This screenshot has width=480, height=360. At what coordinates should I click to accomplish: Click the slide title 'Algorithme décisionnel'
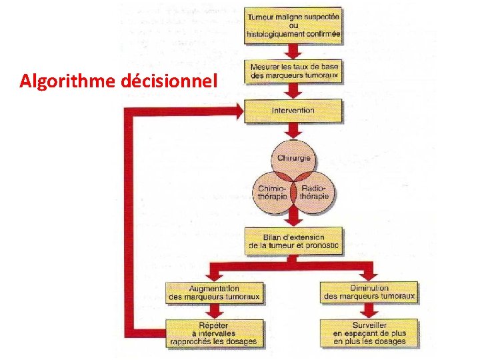[x=119, y=82]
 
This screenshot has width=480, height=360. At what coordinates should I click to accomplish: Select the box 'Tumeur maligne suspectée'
[x=293, y=25]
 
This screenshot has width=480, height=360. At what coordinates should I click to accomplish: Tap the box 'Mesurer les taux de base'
[x=293, y=71]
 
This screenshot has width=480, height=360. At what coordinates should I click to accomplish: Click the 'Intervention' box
[x=293, y=110]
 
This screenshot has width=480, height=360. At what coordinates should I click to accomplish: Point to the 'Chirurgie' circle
[x=293, y=159]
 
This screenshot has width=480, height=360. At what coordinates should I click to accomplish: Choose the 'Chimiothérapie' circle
[x=273, y=193]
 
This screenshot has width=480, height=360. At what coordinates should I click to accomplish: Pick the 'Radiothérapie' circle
[x=314, y=193]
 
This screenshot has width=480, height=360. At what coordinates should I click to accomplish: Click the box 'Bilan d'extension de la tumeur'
[x=293, y=241]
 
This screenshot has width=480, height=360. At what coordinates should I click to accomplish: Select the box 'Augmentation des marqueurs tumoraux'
[x=213, y=292]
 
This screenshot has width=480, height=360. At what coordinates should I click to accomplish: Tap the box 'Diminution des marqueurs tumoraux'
[x=369, y=292]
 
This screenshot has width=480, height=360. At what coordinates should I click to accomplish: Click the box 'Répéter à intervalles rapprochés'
[x=213, y=333]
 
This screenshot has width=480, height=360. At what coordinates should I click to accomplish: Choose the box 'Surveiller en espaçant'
[x=369, y=333]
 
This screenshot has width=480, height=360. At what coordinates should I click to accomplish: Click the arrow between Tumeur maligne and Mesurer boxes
[x=293, y=51]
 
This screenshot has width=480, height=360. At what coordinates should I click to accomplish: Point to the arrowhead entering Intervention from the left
[x=238, y=111]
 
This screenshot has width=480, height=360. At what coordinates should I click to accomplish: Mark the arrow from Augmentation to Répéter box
[x=213, y=312]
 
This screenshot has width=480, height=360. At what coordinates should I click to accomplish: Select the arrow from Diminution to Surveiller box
[x=369, y=312]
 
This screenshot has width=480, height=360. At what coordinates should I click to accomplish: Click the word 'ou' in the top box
[x=293, y=25]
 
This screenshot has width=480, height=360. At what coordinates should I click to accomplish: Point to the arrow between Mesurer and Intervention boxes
[x=293, y=91]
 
